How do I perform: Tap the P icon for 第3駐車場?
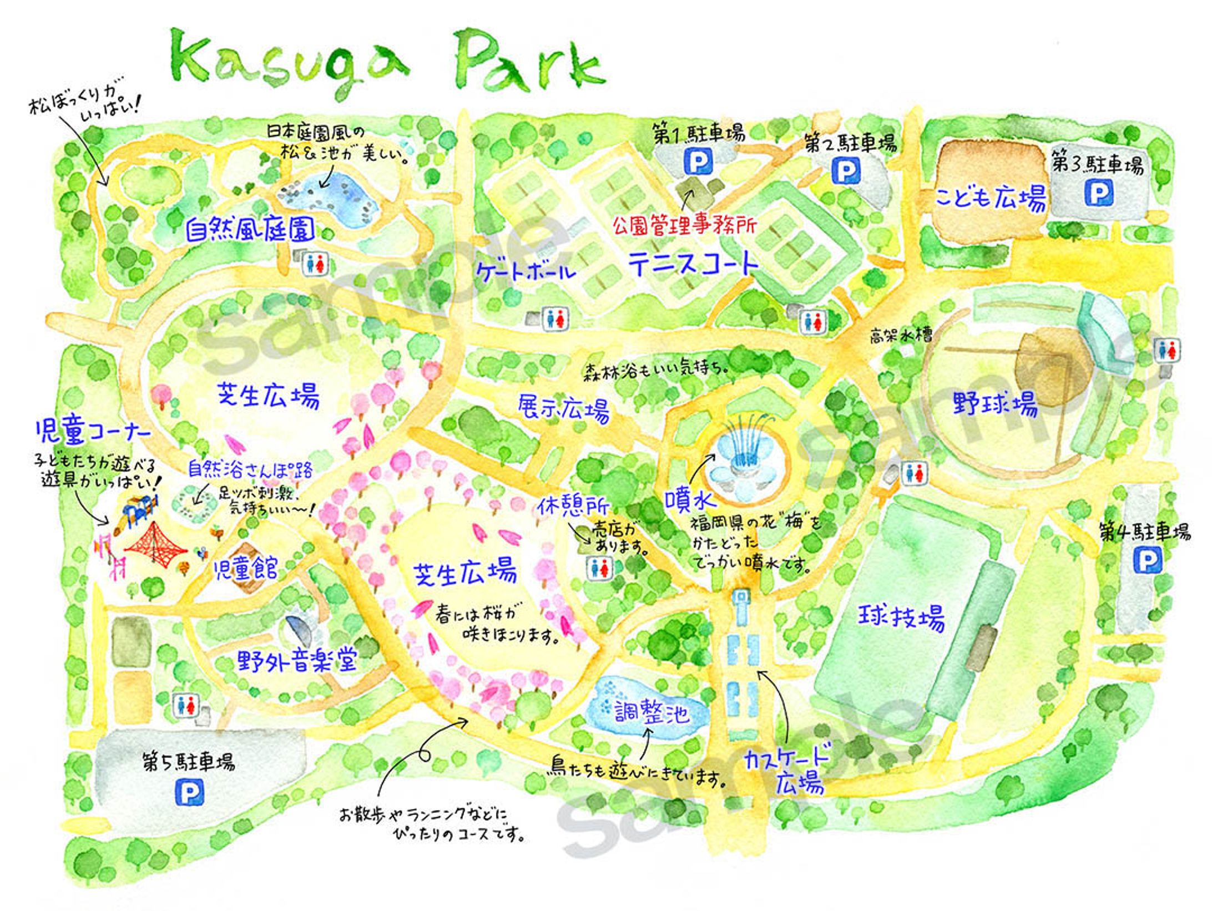click(x=1098, y=194)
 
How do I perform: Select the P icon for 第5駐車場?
click(x=190, y=793)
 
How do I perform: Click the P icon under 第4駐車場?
click(x=1147, y=561)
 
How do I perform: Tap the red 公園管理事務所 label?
click(x=684, y=226)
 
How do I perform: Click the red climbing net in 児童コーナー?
click(x=156, y=544)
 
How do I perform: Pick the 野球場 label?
click(x=995, y=403)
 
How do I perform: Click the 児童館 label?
click(x=246, y=569)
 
